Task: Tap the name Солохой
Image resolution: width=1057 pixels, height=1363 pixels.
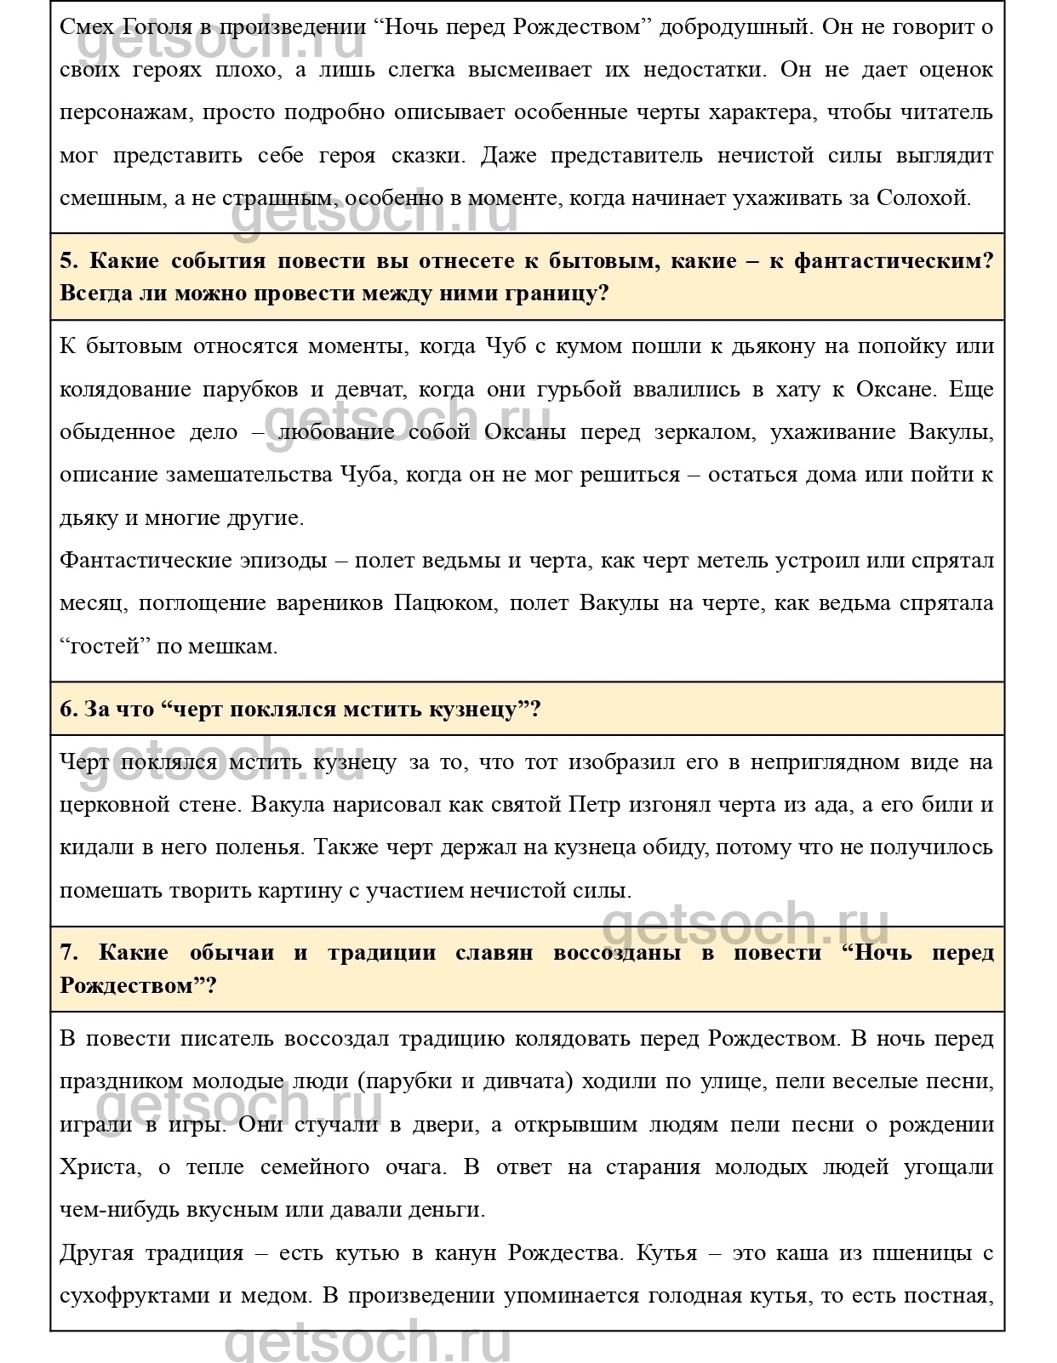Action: [923, 198]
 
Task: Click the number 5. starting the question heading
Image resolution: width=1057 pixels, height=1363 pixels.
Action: [69, 261]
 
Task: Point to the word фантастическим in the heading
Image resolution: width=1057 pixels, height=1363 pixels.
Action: [893, 261]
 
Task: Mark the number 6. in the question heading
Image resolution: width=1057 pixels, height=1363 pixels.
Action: [69, 709]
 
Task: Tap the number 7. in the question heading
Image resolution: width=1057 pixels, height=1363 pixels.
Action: [69, 953]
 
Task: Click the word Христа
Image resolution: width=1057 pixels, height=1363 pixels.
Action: [98, 1167]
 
